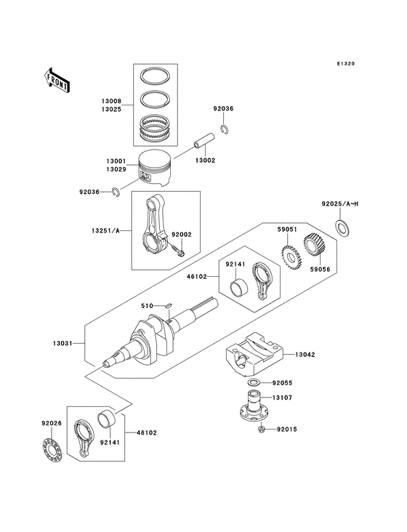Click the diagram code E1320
point(345,64)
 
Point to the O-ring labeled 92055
point(253,382)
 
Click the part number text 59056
point(320,269)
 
